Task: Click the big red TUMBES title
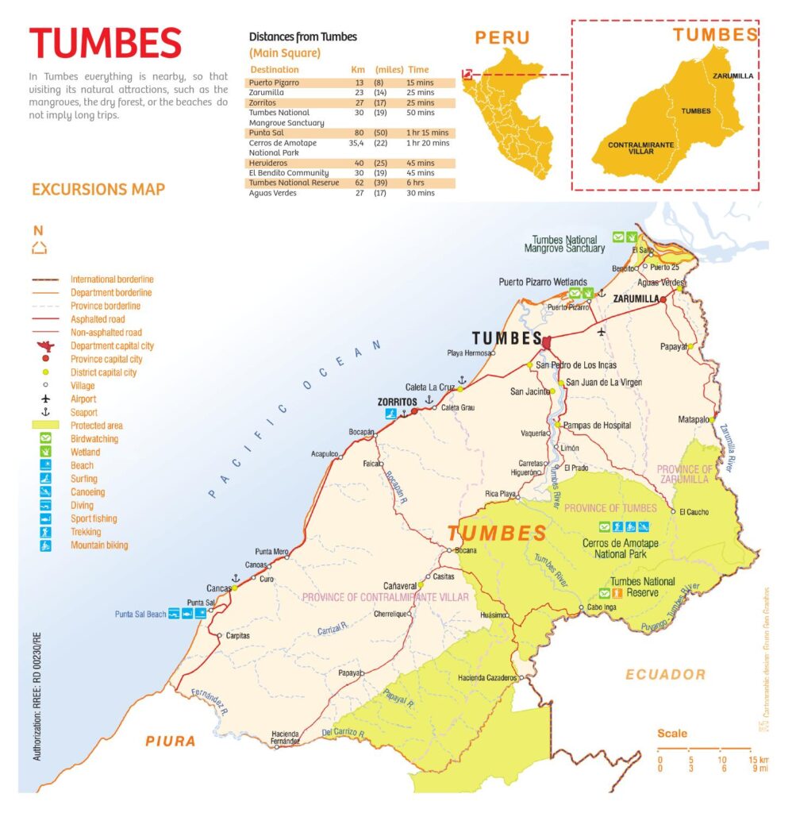point(106,44)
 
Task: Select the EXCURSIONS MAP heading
point(98,190)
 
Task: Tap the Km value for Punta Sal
point(358,133)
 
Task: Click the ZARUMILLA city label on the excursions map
point(637,299)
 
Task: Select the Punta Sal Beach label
point(140,615)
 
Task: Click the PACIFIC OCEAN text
point(294,420)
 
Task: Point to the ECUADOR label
point(665,674)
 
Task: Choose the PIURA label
point(170,741)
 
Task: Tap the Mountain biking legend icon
point(46,545)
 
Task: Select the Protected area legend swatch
point(46,426)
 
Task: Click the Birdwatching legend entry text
point(94,439)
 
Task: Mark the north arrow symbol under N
point(39,248)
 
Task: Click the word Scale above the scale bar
point(672,733)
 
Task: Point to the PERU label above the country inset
point(502,37)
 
